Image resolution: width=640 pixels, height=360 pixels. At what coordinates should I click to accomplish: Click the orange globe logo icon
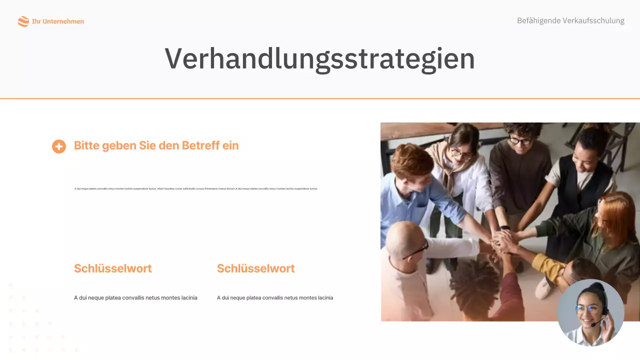pos(23,21)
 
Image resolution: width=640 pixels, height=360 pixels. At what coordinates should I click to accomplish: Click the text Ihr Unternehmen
pos(58,21)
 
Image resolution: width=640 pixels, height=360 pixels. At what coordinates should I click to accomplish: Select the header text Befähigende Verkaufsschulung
pos(570,21)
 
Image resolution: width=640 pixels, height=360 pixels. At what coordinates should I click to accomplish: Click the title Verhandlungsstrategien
pos(319,58)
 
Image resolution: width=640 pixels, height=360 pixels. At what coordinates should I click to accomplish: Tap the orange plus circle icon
pos(59,146)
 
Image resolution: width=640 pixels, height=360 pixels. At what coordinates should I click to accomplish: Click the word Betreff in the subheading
pos(200,145)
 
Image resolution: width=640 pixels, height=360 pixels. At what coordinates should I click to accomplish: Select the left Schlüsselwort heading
pos(113,268)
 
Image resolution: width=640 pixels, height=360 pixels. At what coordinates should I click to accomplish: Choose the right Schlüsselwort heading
pos(256,268)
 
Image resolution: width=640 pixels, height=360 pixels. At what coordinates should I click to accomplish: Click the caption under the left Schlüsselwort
pos(135,298)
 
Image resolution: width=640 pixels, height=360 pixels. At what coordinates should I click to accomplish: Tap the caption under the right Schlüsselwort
pos(275,298)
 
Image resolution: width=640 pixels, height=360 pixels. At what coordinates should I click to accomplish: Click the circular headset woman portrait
pos(590,312)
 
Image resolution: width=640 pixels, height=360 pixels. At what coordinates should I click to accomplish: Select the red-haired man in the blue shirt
pos(407,185)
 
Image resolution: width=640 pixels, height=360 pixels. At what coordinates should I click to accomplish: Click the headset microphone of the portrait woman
pos(593,324)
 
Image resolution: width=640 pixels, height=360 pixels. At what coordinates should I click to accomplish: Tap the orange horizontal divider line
pos(320,98)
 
